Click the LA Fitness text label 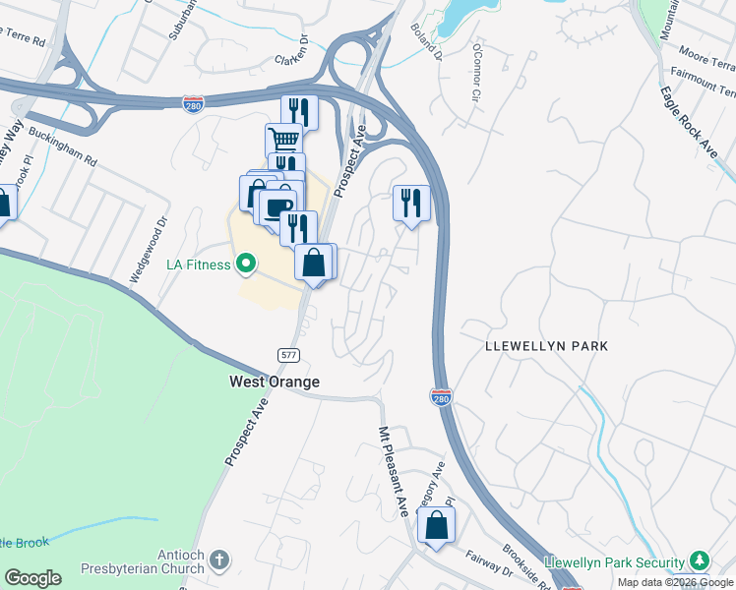coord(198,265)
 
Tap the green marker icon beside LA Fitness coord(246,264)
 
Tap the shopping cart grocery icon coord(283,140)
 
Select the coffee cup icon coord(276,206)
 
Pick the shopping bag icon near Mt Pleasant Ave coord(436,525)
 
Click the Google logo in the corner coord(32,578)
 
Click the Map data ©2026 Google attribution coord(675,582)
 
